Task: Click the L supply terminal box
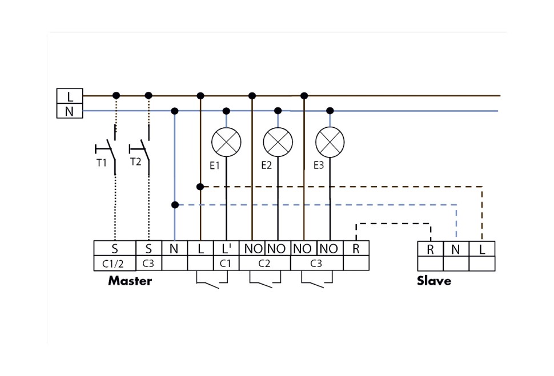(70, 96)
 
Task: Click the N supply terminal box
(70, 111)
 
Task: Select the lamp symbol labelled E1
(226, 141)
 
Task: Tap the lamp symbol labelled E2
(278, 141)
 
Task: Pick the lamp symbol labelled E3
(330, 141)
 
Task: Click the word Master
(130, 281)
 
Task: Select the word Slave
(433, 281)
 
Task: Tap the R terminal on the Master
(356, 248)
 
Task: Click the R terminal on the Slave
(430, 249)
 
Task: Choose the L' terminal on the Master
(226, 248)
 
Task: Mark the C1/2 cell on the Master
(114, 263)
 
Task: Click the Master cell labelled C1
(226, 263)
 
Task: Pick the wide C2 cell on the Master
(264, 263)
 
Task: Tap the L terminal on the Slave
(482, 249)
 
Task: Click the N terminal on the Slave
(456, 249)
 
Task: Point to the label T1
(101, 163)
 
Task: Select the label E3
(319, 165)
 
